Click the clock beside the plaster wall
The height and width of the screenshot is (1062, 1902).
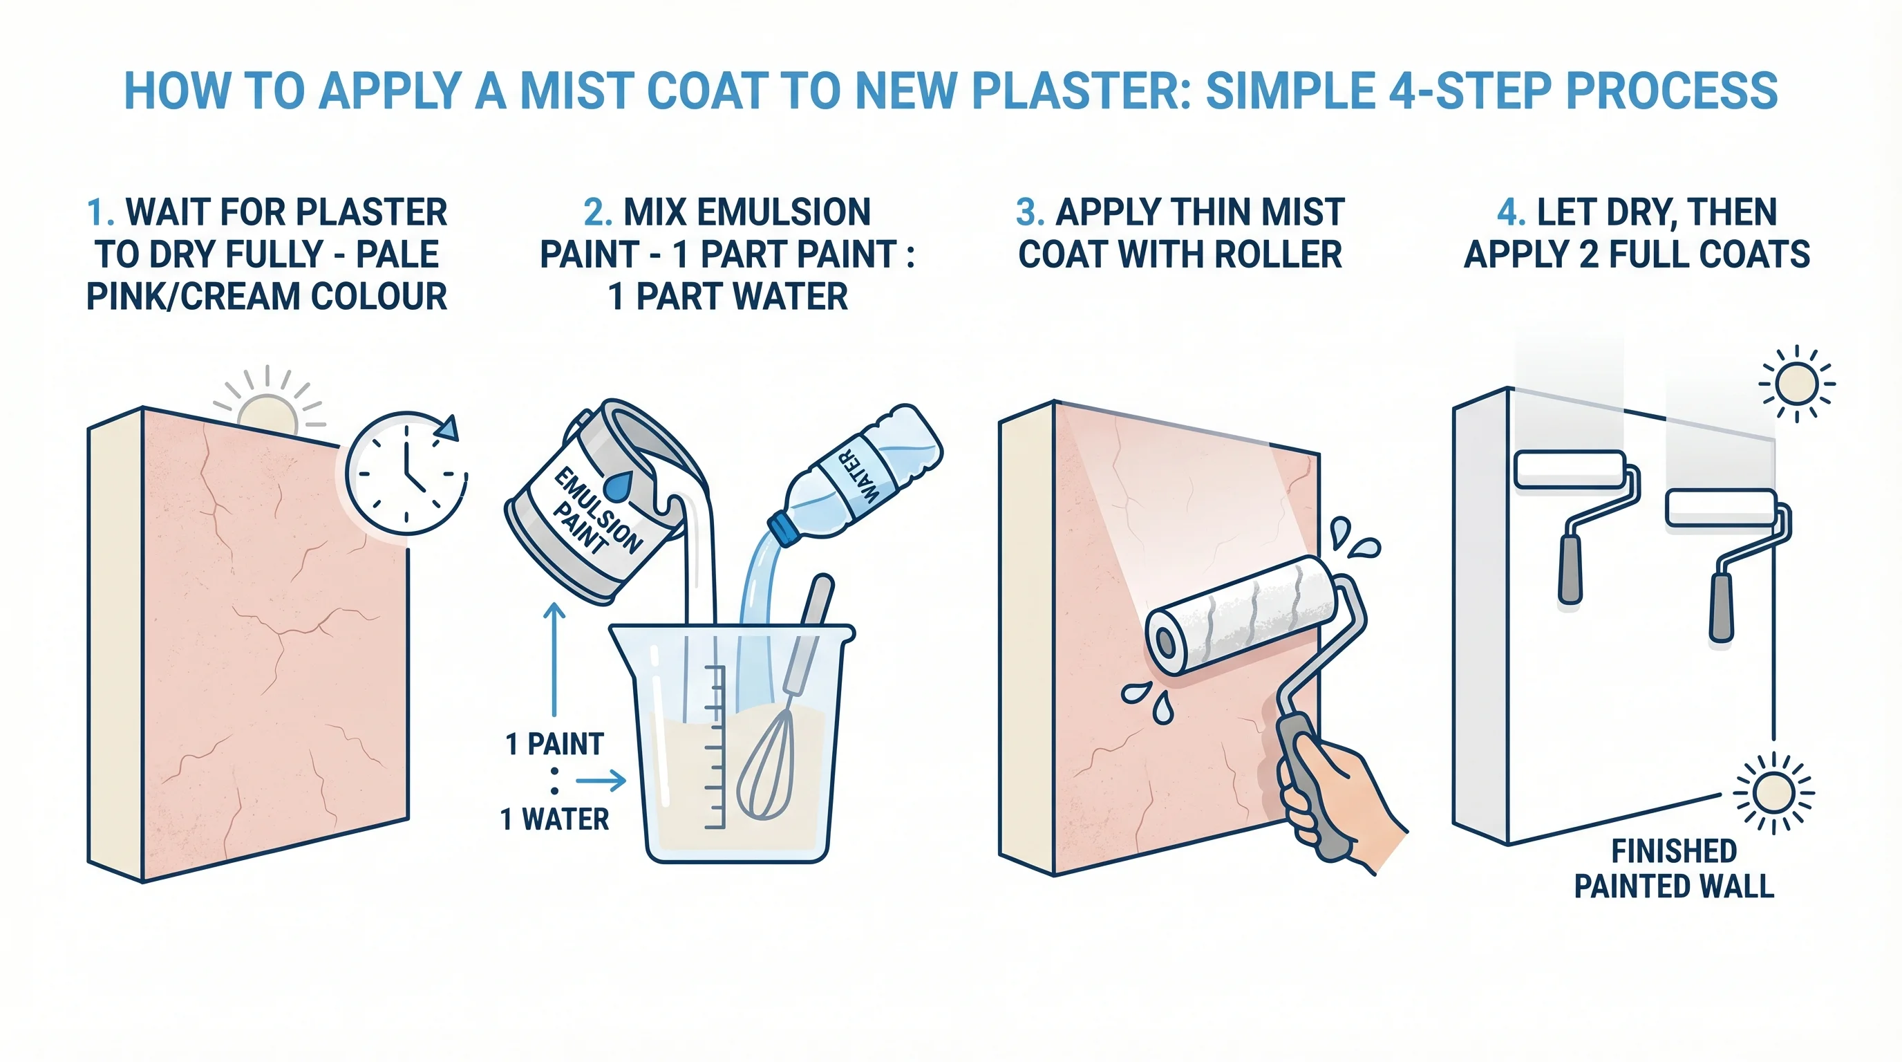(406, 474)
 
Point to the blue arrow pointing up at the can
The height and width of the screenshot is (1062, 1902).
(554, 658)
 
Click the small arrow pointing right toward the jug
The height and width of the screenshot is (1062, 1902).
(601, 780)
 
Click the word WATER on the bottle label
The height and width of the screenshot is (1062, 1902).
(858, 476)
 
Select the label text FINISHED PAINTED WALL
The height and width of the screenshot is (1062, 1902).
(1673, 868)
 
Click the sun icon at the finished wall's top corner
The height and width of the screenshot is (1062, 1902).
(1796, 384)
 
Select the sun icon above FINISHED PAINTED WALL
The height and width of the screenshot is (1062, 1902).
(1773, 794)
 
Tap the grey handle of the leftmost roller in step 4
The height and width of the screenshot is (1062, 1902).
(1570, 568)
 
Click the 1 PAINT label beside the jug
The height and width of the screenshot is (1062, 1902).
(554, 744)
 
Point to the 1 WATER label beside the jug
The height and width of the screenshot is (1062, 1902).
(554, 819)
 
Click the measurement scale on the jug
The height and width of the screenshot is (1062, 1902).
(713, 746)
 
